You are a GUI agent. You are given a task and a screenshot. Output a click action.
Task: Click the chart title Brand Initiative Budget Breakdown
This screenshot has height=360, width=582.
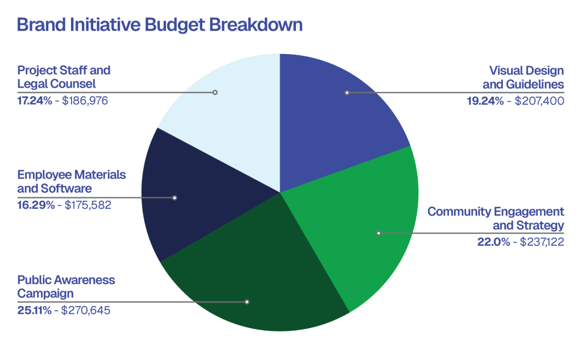click(x=159, y=26)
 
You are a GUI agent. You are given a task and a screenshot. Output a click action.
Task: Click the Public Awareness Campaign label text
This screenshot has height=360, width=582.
click(x=66, y=287)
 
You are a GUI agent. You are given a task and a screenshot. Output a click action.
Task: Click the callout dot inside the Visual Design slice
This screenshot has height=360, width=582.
click(x=347, y=92)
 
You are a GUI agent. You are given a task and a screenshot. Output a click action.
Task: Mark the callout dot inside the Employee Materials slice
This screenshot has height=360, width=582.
click(x=174, y=198)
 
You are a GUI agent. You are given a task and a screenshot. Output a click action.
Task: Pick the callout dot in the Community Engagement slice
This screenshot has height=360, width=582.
click(x=379, y=233)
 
